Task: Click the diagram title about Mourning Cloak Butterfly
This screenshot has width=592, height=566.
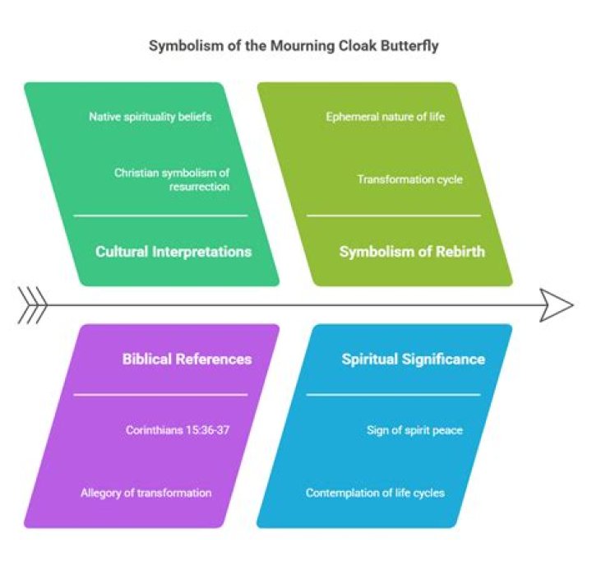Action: [294, 46]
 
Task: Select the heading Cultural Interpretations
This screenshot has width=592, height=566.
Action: [173, 252]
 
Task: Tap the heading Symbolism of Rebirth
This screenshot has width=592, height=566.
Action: [412, 252]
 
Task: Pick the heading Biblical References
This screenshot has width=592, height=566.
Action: [187, 359]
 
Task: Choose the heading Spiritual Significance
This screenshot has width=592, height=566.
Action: [413, 359]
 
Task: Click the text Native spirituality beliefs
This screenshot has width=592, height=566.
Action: [150, 117]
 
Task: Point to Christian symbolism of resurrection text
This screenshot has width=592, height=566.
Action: [172, 179]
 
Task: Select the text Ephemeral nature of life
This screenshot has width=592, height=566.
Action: [385, 117]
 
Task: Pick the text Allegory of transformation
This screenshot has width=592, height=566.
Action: [146, 493]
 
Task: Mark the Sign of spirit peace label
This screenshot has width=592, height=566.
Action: [414, 430]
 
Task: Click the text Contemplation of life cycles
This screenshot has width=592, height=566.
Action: [375, 493]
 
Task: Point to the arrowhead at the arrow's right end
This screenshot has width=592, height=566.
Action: [559, 305]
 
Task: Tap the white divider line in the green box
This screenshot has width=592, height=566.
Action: [160, 216]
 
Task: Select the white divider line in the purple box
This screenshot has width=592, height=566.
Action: [160, 395]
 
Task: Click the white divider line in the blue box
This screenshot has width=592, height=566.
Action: [393, 395]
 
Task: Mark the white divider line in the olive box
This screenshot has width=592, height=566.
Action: [393, 216]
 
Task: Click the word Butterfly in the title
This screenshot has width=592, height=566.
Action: [409, 46]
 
